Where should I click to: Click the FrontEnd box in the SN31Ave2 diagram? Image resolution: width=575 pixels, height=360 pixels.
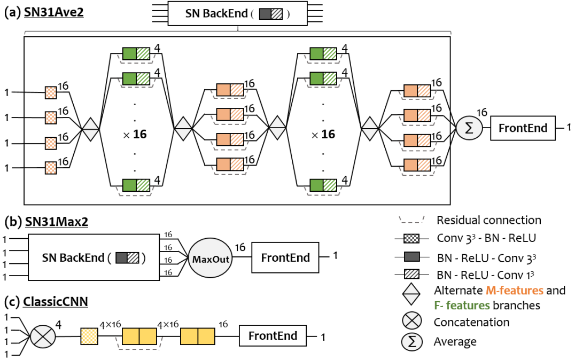tap(523, 128)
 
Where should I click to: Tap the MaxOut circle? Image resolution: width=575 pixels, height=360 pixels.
tap(211, 259)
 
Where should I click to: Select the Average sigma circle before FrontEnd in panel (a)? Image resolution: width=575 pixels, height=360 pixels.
tap(469, 128)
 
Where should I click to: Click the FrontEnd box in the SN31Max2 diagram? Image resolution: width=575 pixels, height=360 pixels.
tap(285, 257)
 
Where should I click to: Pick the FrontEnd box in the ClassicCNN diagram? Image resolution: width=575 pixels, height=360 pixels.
tap(273, 335)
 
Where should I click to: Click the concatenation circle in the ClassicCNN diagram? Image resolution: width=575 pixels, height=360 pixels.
tap(43, 336)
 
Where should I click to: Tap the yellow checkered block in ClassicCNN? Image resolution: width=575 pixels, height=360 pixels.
tap(89, 336)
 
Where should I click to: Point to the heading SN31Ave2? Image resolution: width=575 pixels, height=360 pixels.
tap(53, 12)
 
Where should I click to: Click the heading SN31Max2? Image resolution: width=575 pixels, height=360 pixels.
tap(57, 222)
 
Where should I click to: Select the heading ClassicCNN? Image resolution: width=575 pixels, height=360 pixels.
tap(56, 301)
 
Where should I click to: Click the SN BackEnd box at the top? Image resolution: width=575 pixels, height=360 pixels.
tap(237, 13)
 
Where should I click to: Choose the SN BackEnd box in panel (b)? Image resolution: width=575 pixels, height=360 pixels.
tap(94, 257)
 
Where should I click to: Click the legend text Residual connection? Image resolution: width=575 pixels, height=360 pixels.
tap(489, 220)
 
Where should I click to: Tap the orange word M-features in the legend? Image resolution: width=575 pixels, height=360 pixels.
tap(515, 291)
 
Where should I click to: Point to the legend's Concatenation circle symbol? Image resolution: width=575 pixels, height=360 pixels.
tap(412, 321)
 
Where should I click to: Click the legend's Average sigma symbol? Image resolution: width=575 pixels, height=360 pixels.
tap(412, 341)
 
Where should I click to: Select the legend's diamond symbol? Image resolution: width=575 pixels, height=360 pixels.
tap(411, 294)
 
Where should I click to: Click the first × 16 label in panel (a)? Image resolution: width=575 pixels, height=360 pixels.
tap(135, 135)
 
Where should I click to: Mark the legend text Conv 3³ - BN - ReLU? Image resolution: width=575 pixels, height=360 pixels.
tap(486, 238)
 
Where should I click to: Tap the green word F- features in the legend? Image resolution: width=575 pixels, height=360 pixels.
tap(462, 305)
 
